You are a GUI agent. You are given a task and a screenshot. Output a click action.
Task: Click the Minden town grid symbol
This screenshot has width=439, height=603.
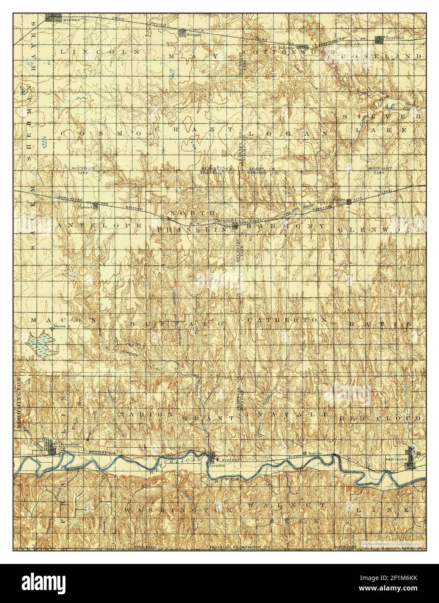(54, 18)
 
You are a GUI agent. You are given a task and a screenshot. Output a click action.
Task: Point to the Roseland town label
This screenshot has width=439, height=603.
(395, 38)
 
